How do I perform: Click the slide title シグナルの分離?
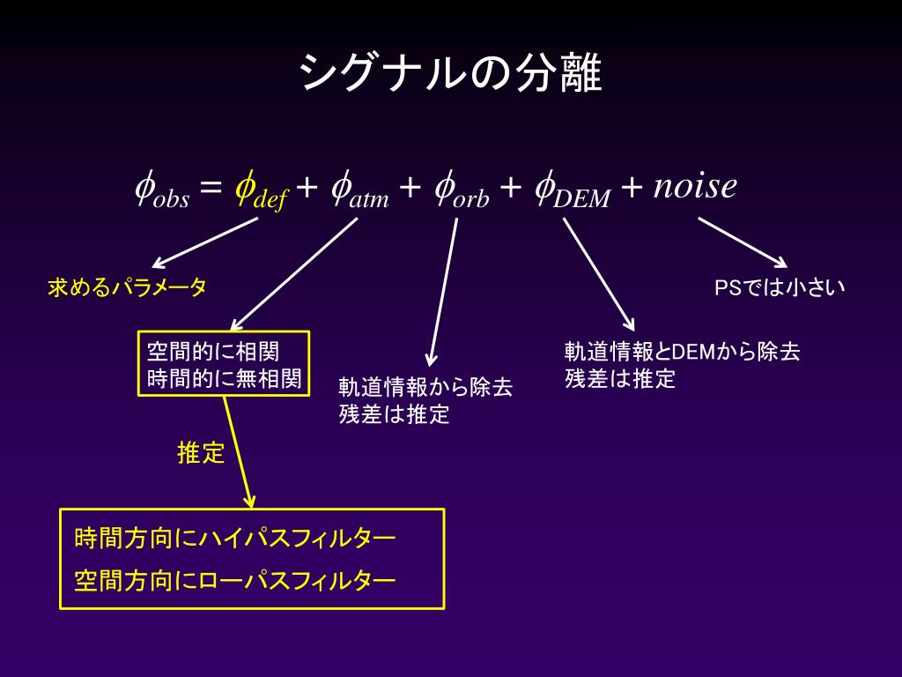[x=450, y=73]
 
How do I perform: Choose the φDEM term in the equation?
[x=573, y=190]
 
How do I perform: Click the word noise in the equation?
[x=695, y=185]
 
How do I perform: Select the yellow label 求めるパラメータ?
[x=127, y=287]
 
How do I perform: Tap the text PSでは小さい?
[x=780, y=287]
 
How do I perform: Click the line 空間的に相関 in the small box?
[x=212, y=352]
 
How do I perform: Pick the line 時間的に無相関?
[x=224, y=379]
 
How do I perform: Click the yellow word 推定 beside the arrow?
[x=201, y=454]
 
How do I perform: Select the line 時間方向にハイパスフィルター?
[x=235, y=538]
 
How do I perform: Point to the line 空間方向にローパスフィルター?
[x=235, y=581]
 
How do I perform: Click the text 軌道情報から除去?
[x=425, y=388]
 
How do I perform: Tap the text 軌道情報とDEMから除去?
[x=682, y=352]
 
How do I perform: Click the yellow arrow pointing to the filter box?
[x=239, y=451]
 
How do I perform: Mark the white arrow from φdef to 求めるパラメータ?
[x=205, y=242]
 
